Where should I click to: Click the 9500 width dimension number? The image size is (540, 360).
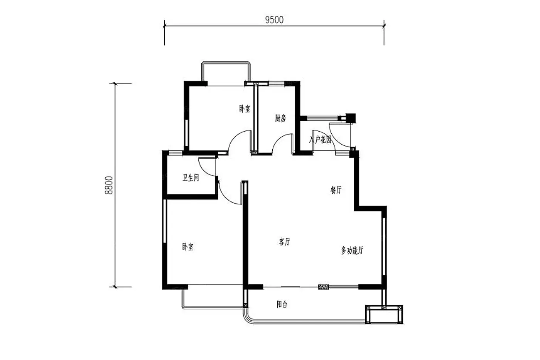274,20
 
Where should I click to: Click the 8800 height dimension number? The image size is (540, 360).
109,185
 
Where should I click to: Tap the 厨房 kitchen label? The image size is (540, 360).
280,118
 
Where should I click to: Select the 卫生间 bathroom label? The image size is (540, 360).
191,178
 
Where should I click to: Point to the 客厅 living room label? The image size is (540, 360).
285,242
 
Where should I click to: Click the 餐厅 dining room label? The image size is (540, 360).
336,190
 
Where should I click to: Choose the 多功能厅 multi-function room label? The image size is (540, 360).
352,250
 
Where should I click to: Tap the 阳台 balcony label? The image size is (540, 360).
282,304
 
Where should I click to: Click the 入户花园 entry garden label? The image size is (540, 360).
320,139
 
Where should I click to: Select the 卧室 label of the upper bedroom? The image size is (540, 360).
245,109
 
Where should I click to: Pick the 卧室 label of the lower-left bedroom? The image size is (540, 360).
188,247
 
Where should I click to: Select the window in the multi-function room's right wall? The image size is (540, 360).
384,246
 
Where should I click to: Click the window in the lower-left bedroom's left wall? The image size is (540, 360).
165,221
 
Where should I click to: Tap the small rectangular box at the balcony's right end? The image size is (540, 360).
384,314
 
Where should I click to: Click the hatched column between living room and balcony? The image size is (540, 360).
324,287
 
